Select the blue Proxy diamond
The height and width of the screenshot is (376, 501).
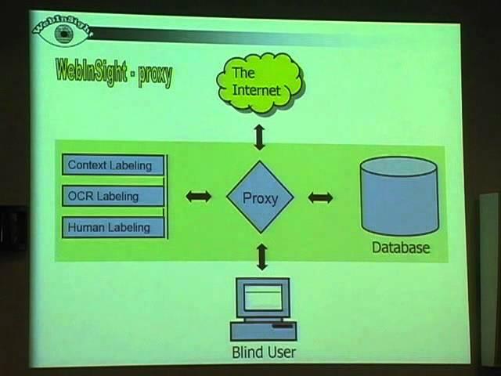coord(260,198)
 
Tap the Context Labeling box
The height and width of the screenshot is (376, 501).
coord(113,165)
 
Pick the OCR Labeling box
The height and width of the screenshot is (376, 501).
coord(113,196)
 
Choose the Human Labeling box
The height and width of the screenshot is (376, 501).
coord(113,228)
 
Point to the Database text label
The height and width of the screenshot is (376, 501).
coord(400,248)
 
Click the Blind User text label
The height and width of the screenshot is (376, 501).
coord(263,352)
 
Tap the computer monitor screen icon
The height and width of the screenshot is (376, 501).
coord(263,298)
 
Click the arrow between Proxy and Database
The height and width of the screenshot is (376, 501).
coord(320,197)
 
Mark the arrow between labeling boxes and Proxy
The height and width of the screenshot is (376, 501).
coord(199,197)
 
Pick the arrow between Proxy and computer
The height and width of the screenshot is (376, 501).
coord(261,256)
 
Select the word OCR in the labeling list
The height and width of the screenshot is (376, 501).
coord(81,196)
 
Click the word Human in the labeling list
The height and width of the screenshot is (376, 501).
coord(86,228)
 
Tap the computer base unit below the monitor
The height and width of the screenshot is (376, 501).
coord(263,328)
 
